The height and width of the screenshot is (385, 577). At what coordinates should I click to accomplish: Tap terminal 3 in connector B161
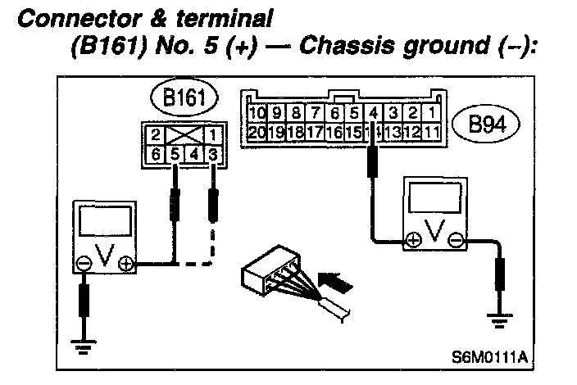click(212, 153)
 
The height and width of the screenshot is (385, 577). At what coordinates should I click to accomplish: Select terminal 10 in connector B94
click(257, 113)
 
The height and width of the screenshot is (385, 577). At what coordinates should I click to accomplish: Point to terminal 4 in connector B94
click(373, 113)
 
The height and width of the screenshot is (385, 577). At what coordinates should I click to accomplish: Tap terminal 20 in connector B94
click(257, 131)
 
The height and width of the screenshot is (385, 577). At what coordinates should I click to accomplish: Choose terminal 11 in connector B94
click(431, 131)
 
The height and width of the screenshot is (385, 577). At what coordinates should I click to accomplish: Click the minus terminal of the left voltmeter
click(84, 264)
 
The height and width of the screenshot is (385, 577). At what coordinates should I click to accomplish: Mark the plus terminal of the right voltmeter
click(413, 240)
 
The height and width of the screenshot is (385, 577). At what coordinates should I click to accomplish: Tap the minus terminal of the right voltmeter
click(457, 240)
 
